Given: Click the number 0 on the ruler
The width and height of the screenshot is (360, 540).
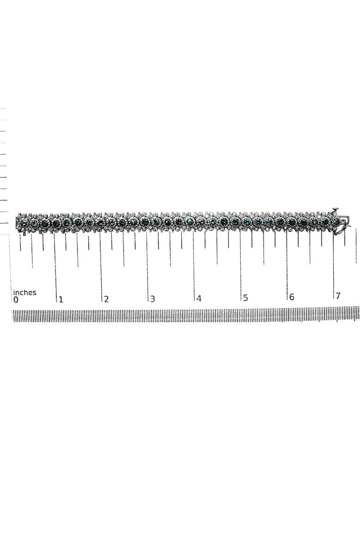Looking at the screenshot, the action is (16, 300).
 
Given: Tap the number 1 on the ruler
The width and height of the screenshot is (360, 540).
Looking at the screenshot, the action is (61, 300).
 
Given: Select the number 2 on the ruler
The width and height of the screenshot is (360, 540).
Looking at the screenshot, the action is (106, 299).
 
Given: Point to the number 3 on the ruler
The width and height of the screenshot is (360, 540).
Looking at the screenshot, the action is (153, 299).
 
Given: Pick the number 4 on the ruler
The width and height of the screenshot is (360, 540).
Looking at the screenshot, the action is (199, 299).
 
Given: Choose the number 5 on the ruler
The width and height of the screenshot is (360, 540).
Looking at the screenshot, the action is (245, 298).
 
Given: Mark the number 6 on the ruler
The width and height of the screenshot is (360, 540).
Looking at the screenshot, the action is (292, 297).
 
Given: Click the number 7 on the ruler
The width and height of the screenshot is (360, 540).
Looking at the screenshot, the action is (338, 296).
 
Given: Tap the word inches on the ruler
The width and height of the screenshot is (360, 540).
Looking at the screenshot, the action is (24, 293).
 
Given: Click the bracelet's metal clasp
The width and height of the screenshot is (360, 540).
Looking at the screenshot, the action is (341, 222).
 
